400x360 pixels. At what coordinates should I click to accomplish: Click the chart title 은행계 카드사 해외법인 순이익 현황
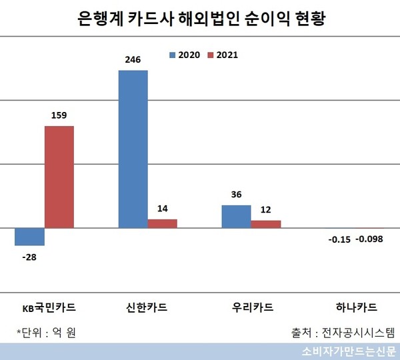pyautogui.click(x=199, y=18)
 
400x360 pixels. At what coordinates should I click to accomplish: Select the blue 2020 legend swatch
pyautogui.click(x=173, y=55)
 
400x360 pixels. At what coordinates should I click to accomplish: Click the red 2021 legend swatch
pyautogui.click(x=210, y=55)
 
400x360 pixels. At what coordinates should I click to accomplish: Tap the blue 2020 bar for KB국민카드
pyautogui.click(x=29, y=237)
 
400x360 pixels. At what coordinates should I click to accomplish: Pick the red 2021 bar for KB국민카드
pyautogui.click(x=59, y=177)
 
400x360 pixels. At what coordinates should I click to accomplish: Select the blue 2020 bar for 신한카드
pyautogui.click(x=133, y=149)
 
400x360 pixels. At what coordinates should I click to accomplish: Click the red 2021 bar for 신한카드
pyautogui.click(x=162, y=223)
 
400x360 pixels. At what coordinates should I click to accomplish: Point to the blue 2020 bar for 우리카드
pyautogui.click(x=236, y=216)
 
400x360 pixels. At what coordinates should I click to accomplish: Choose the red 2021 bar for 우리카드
pyautogui.click(x=265, y=224)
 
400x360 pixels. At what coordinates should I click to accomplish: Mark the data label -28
pyautogui.click(x=29, y=255)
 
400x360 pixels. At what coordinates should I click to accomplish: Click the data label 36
pyautogui.click(x=236, y=196)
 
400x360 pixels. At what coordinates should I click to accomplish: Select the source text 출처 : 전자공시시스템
pyautogui.click(x=343, y=331)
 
